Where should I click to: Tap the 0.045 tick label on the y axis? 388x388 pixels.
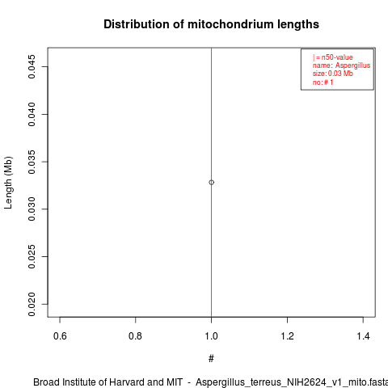[x=32, y=66]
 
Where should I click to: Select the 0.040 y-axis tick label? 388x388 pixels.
[x=32, y=114]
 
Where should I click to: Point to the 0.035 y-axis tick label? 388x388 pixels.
[x=32, y=162]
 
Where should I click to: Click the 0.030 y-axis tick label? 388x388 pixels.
[x=32, y=209]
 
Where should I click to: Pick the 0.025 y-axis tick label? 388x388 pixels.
[x=32, y=256]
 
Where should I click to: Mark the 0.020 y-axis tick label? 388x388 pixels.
[x=32, y=304]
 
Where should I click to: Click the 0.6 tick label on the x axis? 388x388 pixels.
[x=60, y=336]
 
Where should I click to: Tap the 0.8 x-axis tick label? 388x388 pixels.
[x=135, y=336]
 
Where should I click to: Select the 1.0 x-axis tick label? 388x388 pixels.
[x=211, y=336]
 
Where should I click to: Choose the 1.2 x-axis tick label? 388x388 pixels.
[x=287, y=336]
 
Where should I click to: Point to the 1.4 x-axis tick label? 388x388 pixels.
[x=363, y=336]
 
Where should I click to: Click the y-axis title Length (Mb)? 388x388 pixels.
[x=8, y=183]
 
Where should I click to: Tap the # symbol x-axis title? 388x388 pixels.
[x=211, y=359]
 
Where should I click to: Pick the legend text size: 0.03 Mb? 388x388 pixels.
[x=333, y=74]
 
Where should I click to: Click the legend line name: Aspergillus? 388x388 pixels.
[x=341, y=65]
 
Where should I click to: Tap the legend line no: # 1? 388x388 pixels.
[x=323, y=82]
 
